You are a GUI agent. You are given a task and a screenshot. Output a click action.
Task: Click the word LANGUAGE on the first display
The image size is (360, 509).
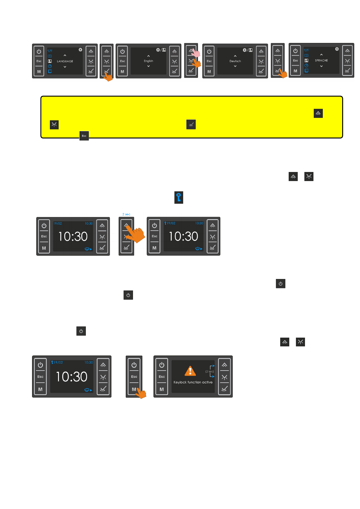(x=65, y=61)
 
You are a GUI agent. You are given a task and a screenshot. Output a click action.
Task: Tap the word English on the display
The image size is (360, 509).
(x=148, y=61)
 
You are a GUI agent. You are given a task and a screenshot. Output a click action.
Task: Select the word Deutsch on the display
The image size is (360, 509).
(x=235, y=61)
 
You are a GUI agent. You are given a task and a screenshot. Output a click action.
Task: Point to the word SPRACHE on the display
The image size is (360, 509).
(x=321, y=60)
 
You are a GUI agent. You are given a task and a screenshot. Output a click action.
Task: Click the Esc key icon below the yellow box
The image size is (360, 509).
(x=84, y=136)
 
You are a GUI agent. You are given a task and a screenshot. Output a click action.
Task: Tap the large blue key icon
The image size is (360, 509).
(x=179, y=197)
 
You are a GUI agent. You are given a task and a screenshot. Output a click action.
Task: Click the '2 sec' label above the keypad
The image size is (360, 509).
(x=126, y=214)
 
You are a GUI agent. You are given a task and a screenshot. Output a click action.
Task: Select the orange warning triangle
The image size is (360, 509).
(x=190, y=371)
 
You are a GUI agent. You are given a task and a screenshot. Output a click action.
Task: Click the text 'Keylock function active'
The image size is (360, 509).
(x=193, y=382)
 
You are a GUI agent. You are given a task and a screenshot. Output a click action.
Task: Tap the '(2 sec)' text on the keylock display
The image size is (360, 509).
(x=209, y=371)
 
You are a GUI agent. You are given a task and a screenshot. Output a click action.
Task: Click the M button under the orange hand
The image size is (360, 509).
(x=134, y=389)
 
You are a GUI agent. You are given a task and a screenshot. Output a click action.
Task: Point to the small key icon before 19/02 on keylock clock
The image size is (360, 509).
(x=52, y=362)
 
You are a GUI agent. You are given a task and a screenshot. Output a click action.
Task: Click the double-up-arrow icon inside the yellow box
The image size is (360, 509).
(x=318, y=113)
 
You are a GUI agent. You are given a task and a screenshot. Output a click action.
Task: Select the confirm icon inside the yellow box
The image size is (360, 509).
(x=191, y=125)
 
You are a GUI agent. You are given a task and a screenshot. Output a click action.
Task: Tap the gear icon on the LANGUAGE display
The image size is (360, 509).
(x=80, y=50)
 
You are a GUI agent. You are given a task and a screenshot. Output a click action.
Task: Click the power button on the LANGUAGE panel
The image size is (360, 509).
(x=39, y=52)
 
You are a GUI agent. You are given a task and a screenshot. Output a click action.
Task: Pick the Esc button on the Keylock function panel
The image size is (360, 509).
(x=162, y=377)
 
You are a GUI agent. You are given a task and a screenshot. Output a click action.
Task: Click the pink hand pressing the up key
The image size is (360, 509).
(x=196, y=53)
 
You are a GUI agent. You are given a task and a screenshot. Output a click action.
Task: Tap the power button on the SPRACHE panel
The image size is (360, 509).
(x=295, y=51)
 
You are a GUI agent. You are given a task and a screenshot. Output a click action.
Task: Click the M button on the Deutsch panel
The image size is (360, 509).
(x=209, y=72)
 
